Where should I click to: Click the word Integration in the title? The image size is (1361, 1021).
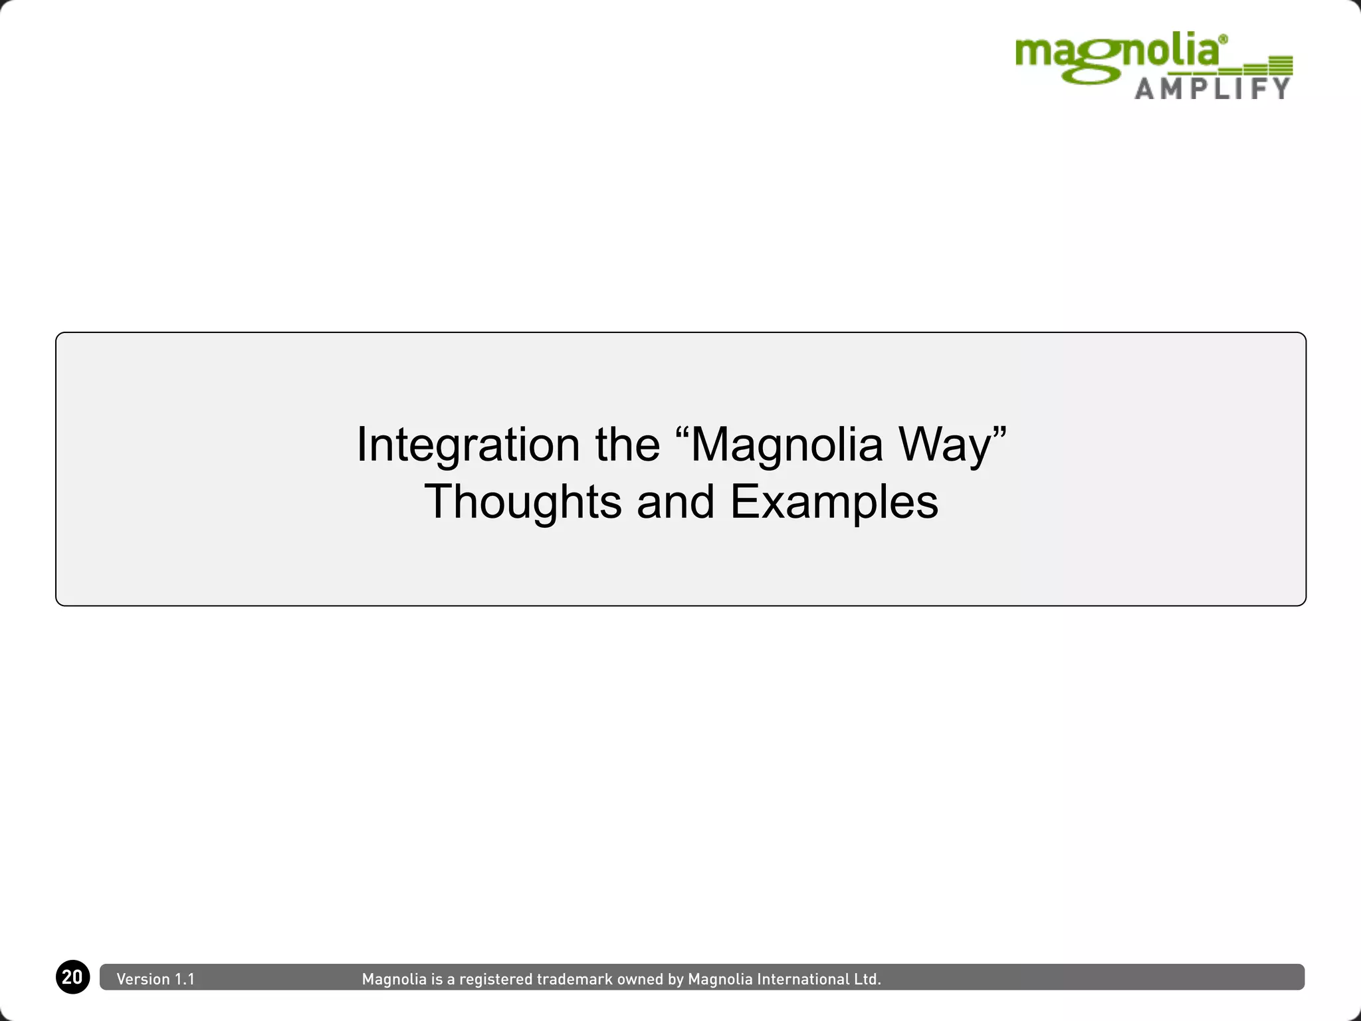coord(468,445)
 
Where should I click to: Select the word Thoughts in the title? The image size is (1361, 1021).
coord(522,502)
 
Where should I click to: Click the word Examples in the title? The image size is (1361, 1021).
coord(834,502)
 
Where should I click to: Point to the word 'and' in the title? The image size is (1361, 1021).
coord(675,502)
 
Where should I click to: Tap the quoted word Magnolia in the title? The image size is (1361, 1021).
coord(785,445)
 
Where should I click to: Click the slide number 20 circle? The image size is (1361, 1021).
coord(72,977)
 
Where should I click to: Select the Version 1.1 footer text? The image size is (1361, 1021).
coord(156,979)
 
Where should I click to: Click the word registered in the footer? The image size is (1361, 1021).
coord(496,979)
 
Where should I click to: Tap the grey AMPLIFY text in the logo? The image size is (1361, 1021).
coord(1212,88)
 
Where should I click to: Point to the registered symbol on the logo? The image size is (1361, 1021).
coord(1223,40)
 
